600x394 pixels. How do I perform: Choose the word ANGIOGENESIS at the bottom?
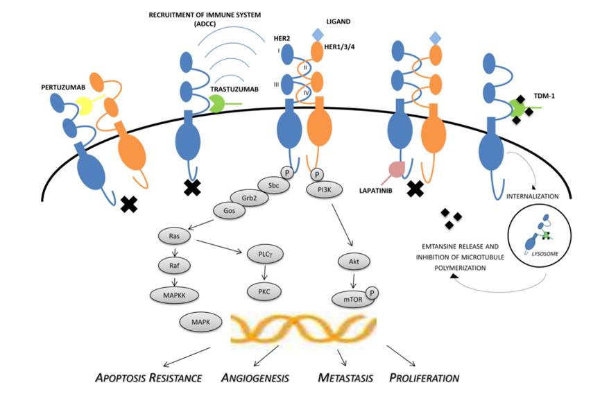255,378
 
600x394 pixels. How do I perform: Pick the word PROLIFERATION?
425,378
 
